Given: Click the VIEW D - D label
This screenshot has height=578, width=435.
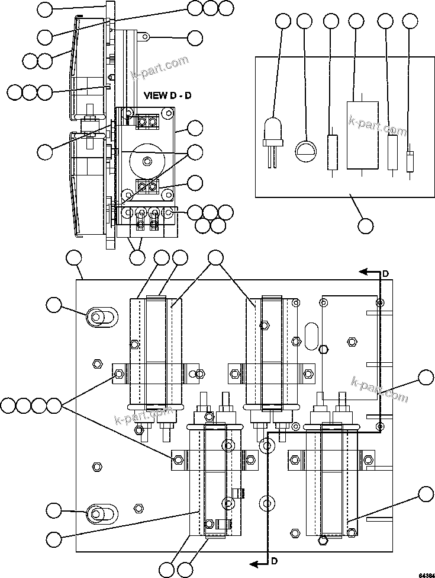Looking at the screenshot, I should tap(167, 95).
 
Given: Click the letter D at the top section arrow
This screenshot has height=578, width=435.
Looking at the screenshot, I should tap(385, 273).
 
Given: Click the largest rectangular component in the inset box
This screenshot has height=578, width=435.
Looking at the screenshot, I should tap(362, 135).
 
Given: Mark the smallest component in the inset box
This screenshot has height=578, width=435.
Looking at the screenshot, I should tap(410, 161).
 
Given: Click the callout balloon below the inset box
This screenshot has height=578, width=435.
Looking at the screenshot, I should tap(366, 225).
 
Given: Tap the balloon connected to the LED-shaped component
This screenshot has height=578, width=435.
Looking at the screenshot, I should tap(283, 21).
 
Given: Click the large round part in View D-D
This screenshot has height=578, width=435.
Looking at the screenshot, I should tap(146, 161).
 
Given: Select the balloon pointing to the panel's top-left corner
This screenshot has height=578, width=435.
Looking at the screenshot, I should tap(73, 257).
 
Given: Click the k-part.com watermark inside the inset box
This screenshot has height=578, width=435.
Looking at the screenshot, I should tap(378, 126).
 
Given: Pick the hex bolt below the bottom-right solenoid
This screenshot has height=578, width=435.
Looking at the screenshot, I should tap(323, 540).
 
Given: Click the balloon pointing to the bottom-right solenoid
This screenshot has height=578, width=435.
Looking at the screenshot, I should tap(425, 494).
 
